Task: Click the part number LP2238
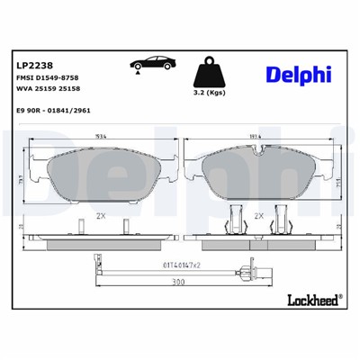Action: (x=32, y=64)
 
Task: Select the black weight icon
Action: (x=210, y=69)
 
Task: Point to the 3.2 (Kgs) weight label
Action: (x=210, y=92)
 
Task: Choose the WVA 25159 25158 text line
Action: (x=55, y=93)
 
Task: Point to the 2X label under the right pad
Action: (x=259, y=216)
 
